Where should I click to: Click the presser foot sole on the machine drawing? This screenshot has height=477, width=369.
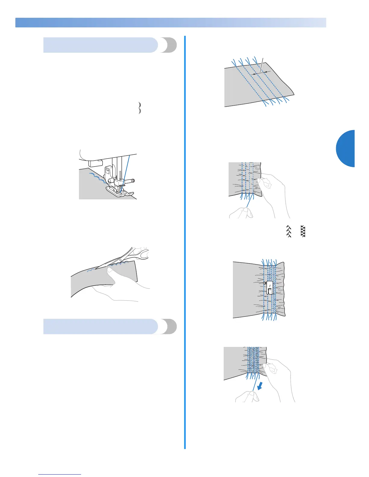(x=119, y=193)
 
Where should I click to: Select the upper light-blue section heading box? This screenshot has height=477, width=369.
(x=101, y=45)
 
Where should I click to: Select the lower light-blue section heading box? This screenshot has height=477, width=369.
(x=101, y=326)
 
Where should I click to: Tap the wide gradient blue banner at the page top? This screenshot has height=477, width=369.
(x=171, y=23)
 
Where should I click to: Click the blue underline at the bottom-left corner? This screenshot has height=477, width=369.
(x=60, y=475)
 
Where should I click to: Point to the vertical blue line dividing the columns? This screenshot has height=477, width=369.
(x=185, y=241)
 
